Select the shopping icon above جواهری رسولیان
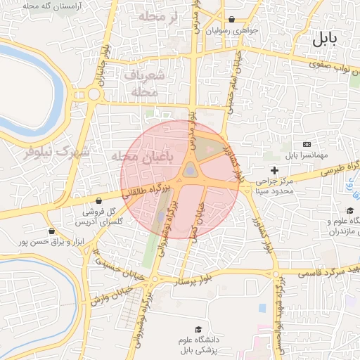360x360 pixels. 232,20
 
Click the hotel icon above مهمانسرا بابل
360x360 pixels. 306,144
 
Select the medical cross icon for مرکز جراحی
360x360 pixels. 274,170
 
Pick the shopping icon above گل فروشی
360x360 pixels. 98,200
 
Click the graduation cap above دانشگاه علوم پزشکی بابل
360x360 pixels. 198,329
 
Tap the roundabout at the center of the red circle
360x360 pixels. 190,170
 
